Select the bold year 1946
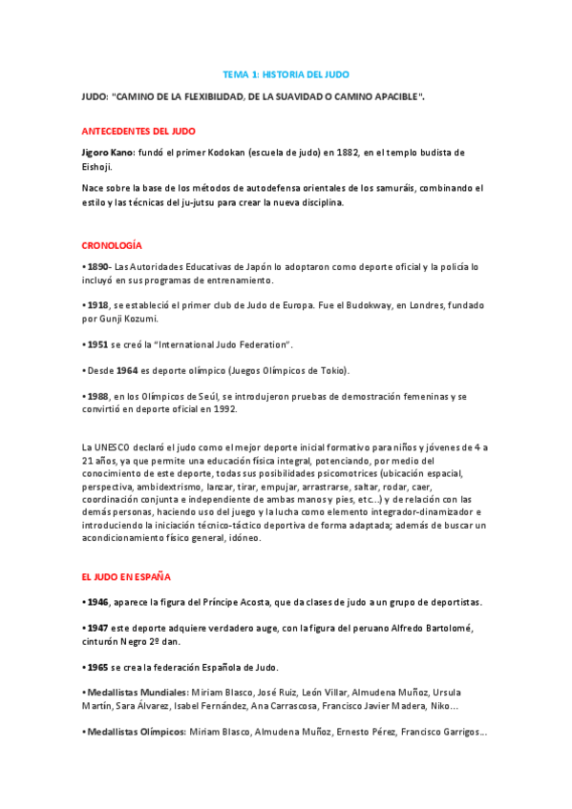(97, 602)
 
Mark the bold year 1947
(97, 628)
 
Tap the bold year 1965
(97, 667)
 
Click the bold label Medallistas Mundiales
(137, 693)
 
